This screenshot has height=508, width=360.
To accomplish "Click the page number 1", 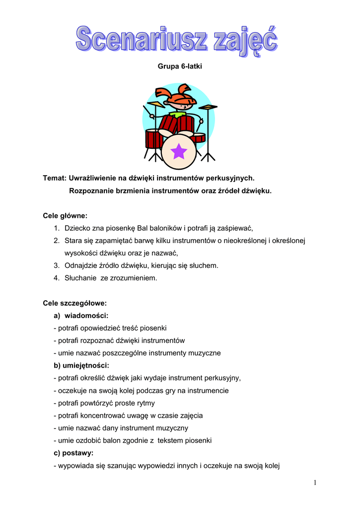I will point(315,483).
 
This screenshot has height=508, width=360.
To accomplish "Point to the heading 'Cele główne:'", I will point(65,215).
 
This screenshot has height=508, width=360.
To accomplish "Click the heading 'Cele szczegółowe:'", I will point(74,303).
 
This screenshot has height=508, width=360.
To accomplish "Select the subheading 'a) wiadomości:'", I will point(81,316).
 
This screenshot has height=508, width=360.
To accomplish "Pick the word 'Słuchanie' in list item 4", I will point(80,278).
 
